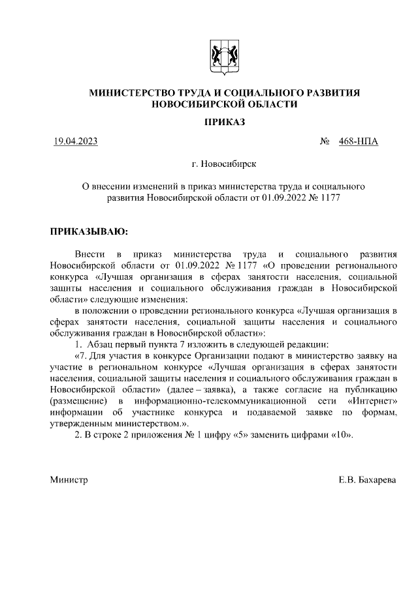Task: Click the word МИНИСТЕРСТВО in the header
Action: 128,93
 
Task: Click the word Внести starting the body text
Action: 89,254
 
